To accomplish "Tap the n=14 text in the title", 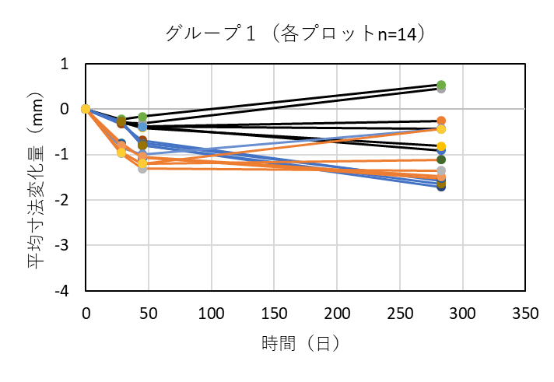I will click(x=397, y=33).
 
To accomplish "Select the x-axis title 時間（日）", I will click(x=301, y=343).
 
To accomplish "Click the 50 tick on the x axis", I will click(x=149, y=314).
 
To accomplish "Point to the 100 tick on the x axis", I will click(x=212, y=314).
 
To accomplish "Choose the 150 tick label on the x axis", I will click(x=274, y=314).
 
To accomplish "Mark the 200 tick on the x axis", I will click(x=337, y=314).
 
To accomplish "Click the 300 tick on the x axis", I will click(x=463, y=314).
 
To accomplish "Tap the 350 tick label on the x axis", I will click(x=525, y=314).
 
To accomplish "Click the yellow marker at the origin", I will click(x=86, y=109).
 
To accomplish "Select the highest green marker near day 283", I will click(x=441, y=85).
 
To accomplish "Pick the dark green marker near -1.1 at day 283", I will click(x=441, y=159).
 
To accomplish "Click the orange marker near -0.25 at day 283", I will click(x=441, y=121).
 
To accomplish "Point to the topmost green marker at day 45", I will click(x=142, y=117).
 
